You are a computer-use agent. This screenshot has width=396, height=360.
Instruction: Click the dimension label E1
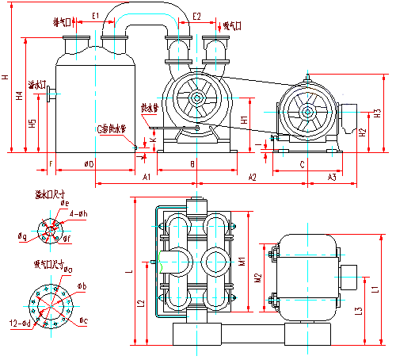[94, 15]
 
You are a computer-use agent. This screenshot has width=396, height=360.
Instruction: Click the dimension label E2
[196, 15]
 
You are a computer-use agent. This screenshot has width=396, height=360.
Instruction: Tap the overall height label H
[6, 77]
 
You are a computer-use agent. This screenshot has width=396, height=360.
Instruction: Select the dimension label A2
[253, 175]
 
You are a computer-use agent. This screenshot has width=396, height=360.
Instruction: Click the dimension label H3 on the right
[377, 113]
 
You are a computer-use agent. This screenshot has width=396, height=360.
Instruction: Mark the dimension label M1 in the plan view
[244, 259]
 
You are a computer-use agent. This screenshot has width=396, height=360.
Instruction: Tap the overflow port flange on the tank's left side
[49, 94]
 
